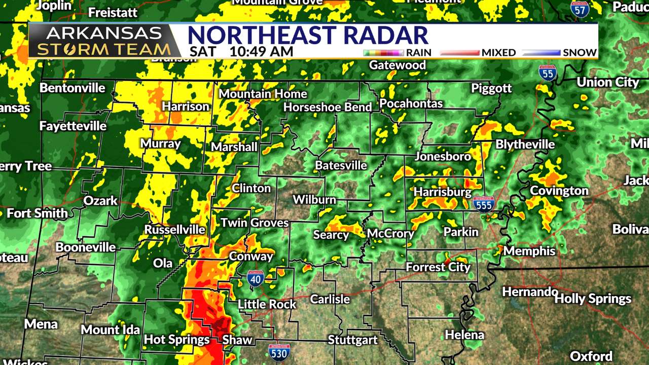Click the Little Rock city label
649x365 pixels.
click(x=267, y=304)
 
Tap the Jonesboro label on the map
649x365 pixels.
click(x=443, y=156)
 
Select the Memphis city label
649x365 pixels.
click(x=529, y=251)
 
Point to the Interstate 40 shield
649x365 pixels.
click(x=256, y=279)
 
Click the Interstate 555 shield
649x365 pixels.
click(x=484, y=204)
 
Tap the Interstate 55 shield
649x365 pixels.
click(x=548, y=74)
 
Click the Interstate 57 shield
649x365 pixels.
click(x=580, y=9)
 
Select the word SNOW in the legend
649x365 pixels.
click(x=581, y=52)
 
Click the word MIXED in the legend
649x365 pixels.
click(x=498, y=52)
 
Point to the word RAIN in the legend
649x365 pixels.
click(x=419, y=52)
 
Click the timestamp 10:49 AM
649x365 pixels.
click(x=261, y=52)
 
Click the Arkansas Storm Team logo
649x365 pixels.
click(x=104, y=41)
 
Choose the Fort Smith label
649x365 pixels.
click(x=38, y=213)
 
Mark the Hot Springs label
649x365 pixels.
click(x=177, y=339)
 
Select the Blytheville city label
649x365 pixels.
click(x=525, y=144)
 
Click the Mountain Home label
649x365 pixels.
click(x=263, y=94)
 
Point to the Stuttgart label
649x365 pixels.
click(x=353, y=339)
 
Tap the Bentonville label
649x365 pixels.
click(x=73, y=88)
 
